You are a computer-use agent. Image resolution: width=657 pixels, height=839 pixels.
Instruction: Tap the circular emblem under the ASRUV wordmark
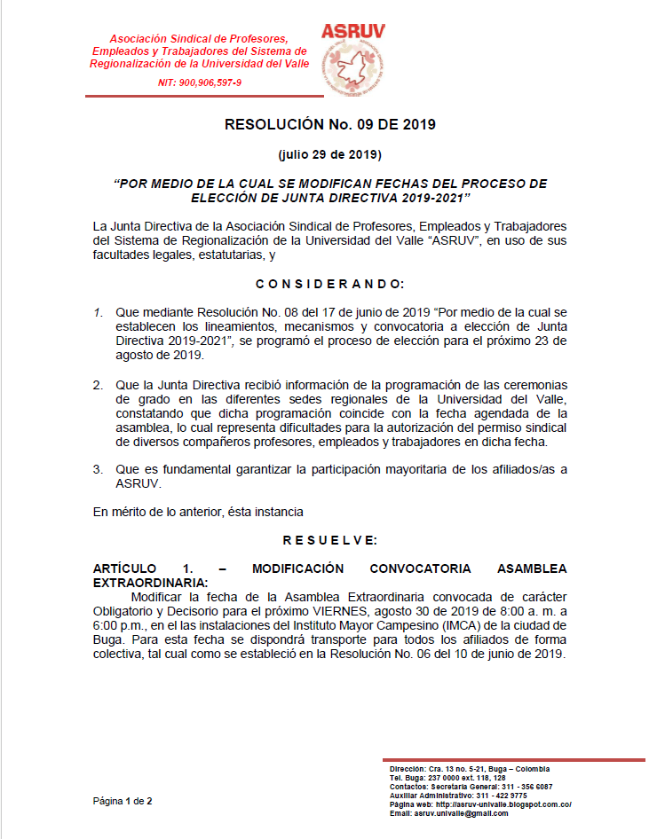353,70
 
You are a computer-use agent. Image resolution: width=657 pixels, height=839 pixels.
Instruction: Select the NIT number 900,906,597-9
200,82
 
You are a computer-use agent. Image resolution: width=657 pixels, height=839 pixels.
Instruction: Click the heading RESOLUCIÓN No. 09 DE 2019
329,124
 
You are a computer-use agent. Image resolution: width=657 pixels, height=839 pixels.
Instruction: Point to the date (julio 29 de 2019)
329,154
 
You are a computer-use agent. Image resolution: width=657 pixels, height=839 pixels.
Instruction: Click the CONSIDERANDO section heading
329,284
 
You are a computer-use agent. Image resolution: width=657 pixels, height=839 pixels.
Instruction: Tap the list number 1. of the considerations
98,314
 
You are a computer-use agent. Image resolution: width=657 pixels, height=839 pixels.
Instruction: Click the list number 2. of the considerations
98,387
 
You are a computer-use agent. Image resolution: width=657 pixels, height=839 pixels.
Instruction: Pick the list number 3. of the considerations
98,467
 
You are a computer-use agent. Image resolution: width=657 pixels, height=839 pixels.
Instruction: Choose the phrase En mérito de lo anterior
160,512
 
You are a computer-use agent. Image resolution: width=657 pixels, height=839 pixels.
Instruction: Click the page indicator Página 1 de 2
123,801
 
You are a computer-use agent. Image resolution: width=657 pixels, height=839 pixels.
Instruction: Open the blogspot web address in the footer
502,804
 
